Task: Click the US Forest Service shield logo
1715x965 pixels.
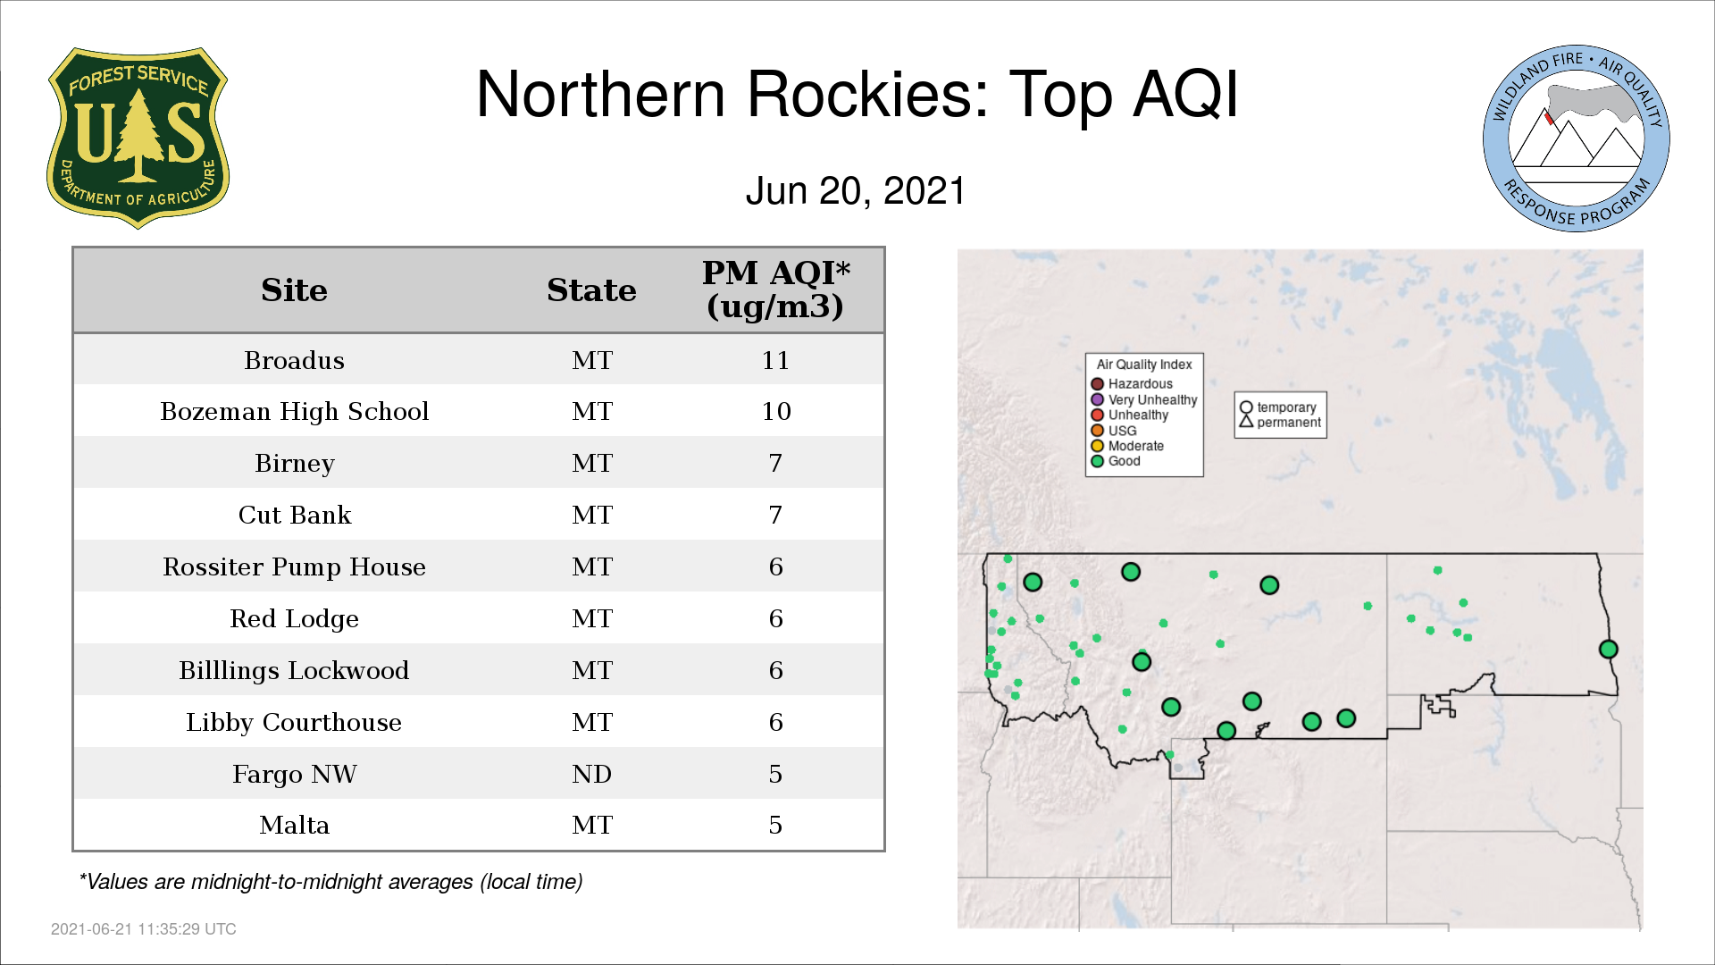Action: [138, 138]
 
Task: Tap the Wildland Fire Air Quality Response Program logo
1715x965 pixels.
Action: [1577, 138]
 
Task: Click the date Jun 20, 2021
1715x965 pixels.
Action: [856, 191]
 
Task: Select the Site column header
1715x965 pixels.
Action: [294, 290]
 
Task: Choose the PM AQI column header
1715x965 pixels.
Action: [775, 289]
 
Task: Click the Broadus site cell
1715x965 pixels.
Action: [294, 360]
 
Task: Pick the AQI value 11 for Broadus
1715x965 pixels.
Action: [775, 360]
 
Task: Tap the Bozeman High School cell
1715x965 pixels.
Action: [294, 412]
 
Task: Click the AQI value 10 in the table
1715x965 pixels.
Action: [775, 411]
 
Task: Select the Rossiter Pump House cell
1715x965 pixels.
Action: [294, 567]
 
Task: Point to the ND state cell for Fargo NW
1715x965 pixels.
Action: [591, 774]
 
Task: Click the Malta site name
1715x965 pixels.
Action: [294, 825]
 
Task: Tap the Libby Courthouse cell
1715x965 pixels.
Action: [294, 722]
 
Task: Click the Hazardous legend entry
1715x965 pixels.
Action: [1132, 384]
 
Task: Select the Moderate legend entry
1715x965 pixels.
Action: [1127, 446]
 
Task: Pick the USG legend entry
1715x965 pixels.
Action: [1114, 431]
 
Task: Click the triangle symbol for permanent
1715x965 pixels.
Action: [1246, 422]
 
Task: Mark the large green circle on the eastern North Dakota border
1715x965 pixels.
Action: [1608, 650]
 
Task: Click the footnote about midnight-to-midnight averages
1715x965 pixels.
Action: [330, 882]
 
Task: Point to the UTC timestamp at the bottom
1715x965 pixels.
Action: [144, 929]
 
